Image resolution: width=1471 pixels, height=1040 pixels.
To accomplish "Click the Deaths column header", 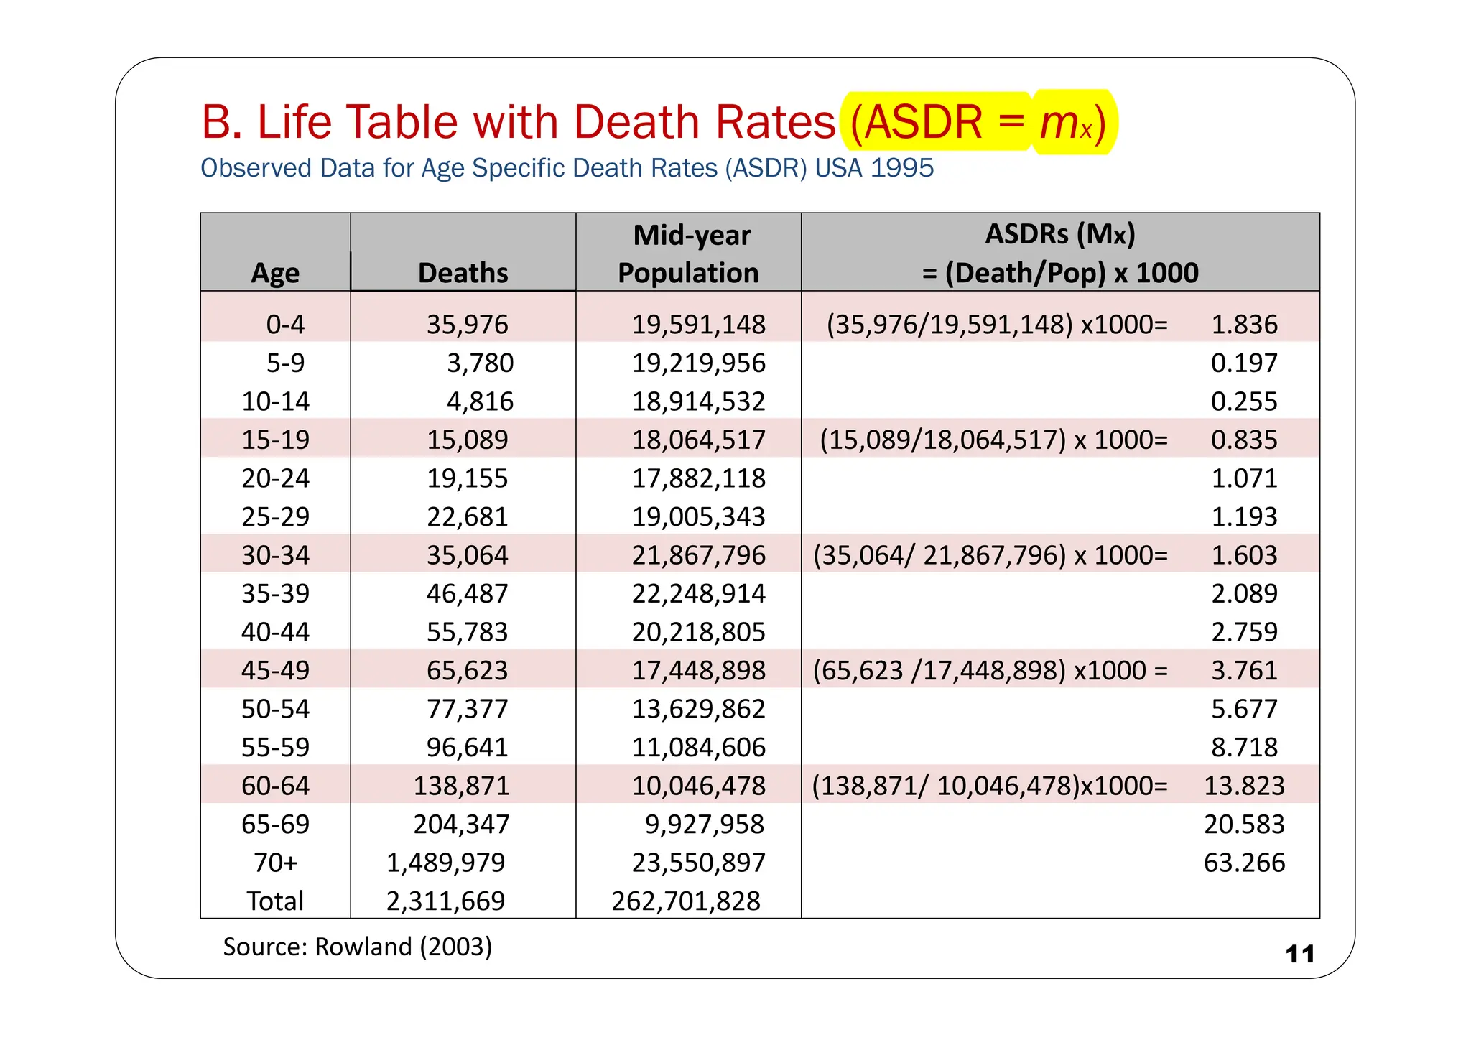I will pos(463,273).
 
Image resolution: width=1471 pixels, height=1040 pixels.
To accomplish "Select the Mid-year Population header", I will pos(688,254).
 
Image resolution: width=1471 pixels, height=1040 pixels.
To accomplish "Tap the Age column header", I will pos(275,273).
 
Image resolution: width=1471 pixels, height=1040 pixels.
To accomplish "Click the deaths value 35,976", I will pos(467,325).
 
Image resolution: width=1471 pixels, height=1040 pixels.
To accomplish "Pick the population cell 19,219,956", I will pos(698,363).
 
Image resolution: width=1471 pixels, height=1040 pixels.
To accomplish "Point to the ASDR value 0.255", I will pos(1244,401).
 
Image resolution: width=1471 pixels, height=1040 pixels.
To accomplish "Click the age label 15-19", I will pos(275,440).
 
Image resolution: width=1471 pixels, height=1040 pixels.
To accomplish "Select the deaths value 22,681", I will pos(467,516).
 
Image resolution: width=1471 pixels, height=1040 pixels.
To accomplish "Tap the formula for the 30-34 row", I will pos(990,555).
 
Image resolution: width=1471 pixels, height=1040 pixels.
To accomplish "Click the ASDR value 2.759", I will pos(1244,632).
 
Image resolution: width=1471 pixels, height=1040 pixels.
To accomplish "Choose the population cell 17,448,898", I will pos(698,670).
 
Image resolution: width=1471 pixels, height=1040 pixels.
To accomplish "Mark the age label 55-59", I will pos(275,747).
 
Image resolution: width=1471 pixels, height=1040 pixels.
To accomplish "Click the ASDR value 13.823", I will pos(1244,786).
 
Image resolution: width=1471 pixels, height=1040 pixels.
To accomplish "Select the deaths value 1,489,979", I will pos(445,863).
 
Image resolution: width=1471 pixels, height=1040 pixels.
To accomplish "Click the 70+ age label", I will pos(275,863).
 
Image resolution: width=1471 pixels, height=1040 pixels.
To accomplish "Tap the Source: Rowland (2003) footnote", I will pos(357,947).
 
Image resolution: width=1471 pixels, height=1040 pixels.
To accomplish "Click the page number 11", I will pos(1299,954).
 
